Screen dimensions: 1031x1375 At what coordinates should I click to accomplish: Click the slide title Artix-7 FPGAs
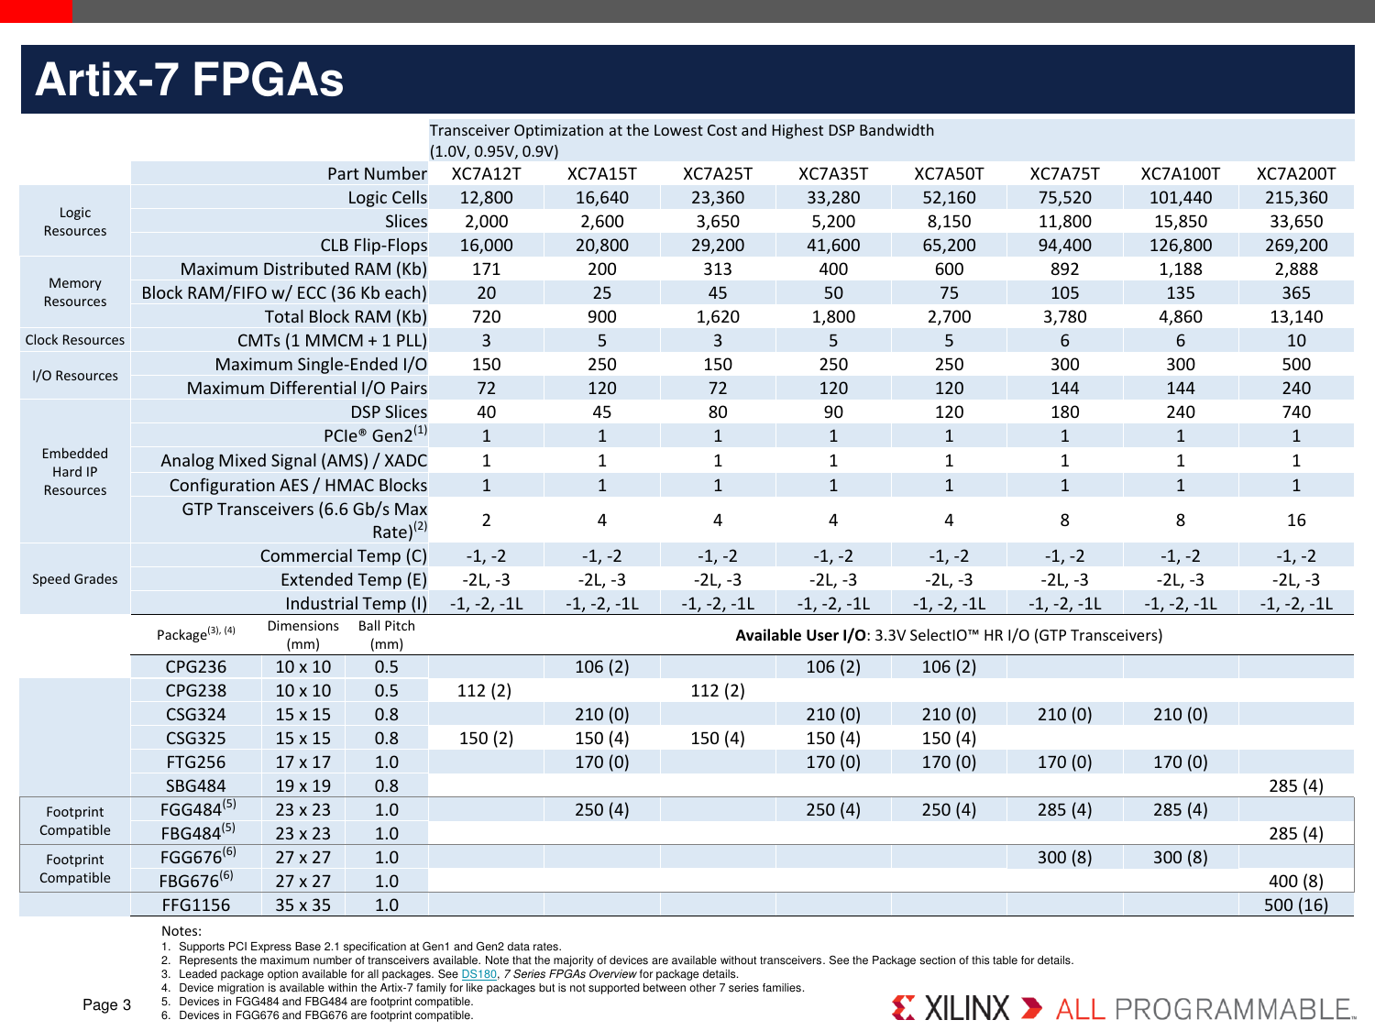tap(189, 80)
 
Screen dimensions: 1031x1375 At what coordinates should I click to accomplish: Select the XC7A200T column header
tap(1295, 174)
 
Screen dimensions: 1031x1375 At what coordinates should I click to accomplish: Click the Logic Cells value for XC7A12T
tap(486, 198)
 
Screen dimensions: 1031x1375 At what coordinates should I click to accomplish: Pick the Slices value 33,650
tap(1295, 222)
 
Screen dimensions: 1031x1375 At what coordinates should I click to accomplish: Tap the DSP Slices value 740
tap(1295, 412)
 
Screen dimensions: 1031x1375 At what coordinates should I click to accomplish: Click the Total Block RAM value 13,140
tap(1295, 317)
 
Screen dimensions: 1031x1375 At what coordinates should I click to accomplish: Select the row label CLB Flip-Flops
tap(373, 246)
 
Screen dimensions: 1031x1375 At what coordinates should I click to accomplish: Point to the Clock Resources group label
tap(75, 340)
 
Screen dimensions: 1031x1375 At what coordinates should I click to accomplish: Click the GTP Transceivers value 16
tap(1295, 521)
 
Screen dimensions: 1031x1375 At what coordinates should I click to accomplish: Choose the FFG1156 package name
tap(195, 905)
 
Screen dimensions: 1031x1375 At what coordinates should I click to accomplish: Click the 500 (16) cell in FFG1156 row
tap(1295, 905)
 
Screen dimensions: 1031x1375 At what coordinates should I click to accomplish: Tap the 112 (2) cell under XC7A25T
tap(717, 691)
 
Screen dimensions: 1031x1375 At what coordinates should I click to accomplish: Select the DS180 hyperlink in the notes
tap(478, 974)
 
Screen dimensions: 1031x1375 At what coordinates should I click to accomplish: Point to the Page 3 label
tap(106, 1005)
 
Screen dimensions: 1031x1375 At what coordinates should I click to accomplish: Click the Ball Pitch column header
tap(386, 634)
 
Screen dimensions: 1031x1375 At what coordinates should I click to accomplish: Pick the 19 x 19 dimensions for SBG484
tap(302, 786)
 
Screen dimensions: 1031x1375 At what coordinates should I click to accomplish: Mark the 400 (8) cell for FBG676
tap(1295, 882)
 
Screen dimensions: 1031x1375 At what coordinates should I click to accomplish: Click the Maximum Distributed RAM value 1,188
tap(1180, 269)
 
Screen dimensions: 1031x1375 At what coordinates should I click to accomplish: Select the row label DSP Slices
tap(389, 412)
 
